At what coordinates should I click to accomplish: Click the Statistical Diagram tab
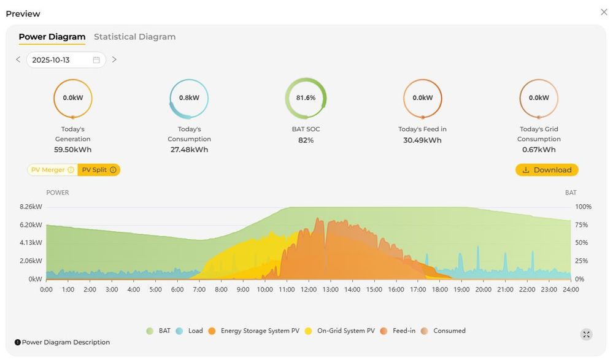click(134, 37)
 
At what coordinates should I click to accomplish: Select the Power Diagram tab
click(52, 37)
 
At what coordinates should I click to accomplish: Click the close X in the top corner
click(604, 12)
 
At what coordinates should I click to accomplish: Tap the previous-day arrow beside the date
click(18, 59)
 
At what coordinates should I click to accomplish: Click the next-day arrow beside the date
click(114, 59)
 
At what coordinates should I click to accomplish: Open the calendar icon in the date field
click(96, 60)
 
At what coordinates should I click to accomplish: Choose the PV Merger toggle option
click(52, 170)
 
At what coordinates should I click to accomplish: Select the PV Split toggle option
click(99, 170)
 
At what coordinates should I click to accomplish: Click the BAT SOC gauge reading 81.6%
click(306, 98)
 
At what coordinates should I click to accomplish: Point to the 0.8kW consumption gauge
click(189, 98)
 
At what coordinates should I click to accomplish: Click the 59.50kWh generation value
click(72, 150)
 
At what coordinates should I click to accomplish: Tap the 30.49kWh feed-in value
click(422, 140)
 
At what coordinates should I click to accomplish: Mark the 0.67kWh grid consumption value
click(538, 150)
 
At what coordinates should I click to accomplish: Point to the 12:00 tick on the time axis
click(309, 289)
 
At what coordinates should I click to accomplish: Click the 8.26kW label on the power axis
click(31, 207)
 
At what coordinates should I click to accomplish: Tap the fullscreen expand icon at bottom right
click(587, 334)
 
